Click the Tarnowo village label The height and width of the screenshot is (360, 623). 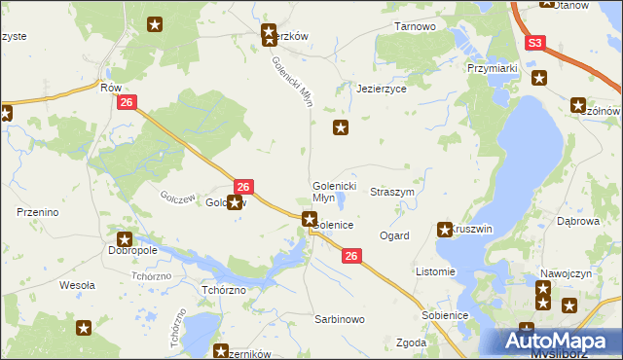coord(415,26)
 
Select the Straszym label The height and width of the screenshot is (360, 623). coord(393,193)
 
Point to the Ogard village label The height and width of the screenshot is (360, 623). coord(394,235)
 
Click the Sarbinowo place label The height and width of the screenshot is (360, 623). coord(339,318)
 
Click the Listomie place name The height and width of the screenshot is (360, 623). coord(434,271)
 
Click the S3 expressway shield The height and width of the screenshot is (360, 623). coord(535,44)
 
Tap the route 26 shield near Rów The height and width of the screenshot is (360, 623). coord(125,102)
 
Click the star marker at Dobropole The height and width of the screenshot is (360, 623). coord(125,239)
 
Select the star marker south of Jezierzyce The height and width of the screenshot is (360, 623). coord(341,127)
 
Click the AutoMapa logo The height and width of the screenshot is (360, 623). coord(564,342)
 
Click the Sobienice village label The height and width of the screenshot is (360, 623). coord(445,315)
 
